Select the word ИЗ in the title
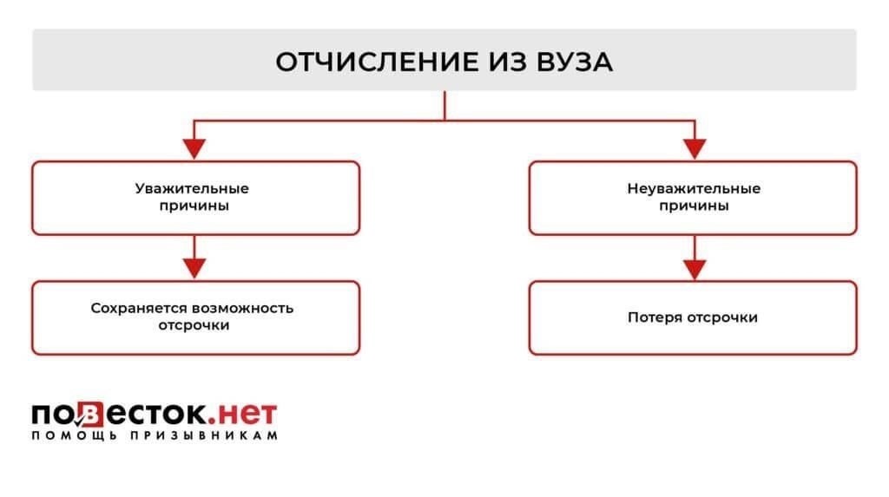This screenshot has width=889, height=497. [499, 62]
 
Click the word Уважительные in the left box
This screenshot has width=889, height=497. [195, 188]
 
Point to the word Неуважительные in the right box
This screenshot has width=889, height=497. [693, 188]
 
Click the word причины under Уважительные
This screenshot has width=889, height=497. [195, 206]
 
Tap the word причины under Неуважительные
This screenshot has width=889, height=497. [693, 206]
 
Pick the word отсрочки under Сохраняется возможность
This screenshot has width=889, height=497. [195, 326]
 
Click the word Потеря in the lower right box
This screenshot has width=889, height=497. [654, 317]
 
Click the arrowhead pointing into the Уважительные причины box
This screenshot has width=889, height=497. [195, 149]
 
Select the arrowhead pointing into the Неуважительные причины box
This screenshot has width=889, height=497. [693, 149]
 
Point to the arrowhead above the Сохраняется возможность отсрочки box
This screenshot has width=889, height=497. [195, 269]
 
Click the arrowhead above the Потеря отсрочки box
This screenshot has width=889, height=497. [693, 269]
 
